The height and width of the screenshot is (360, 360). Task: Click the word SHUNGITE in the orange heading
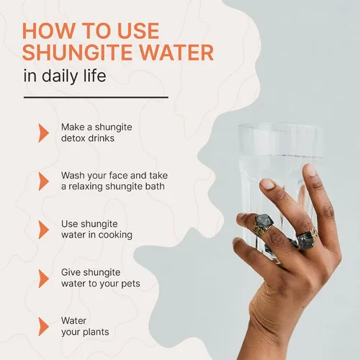(77, 53)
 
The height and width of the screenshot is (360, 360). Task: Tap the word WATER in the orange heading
(176, 53)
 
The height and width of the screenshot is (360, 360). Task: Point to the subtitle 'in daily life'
(65, 76)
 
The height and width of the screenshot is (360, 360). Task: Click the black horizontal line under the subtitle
(96, 97)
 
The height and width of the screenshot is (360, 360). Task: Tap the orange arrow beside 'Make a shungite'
(43, 133)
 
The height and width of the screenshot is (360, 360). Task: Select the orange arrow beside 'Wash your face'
(43, 181)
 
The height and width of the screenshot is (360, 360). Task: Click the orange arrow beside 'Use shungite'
(43, 230)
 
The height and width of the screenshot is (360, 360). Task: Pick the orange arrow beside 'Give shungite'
(43, 279)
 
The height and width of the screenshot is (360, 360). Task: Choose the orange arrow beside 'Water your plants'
(43, 327)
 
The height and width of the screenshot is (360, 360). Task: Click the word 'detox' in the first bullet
(73, 138)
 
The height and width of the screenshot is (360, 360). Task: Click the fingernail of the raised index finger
(311, 169)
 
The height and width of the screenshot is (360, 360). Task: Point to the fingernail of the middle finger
(268, 184)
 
